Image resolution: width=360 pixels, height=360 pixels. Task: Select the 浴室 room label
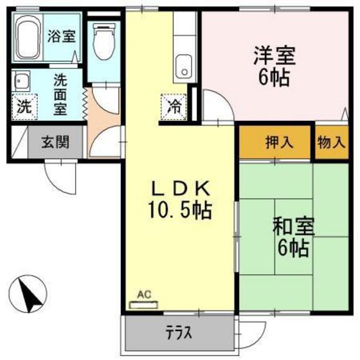pyautogui.click(x=61, y=36)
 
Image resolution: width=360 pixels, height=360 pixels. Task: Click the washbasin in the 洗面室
pyautogui.click(x=22, y=82)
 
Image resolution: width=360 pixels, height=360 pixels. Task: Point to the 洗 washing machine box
pyautogui.click(x=23, y=107)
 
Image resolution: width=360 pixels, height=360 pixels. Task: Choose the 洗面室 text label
pyautogui.click(x=60, y=94)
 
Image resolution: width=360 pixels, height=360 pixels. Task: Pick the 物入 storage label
pyautogui.click(x=330, y=142)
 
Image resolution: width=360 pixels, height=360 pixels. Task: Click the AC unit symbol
pyautogui.click(x=146, y=303)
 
